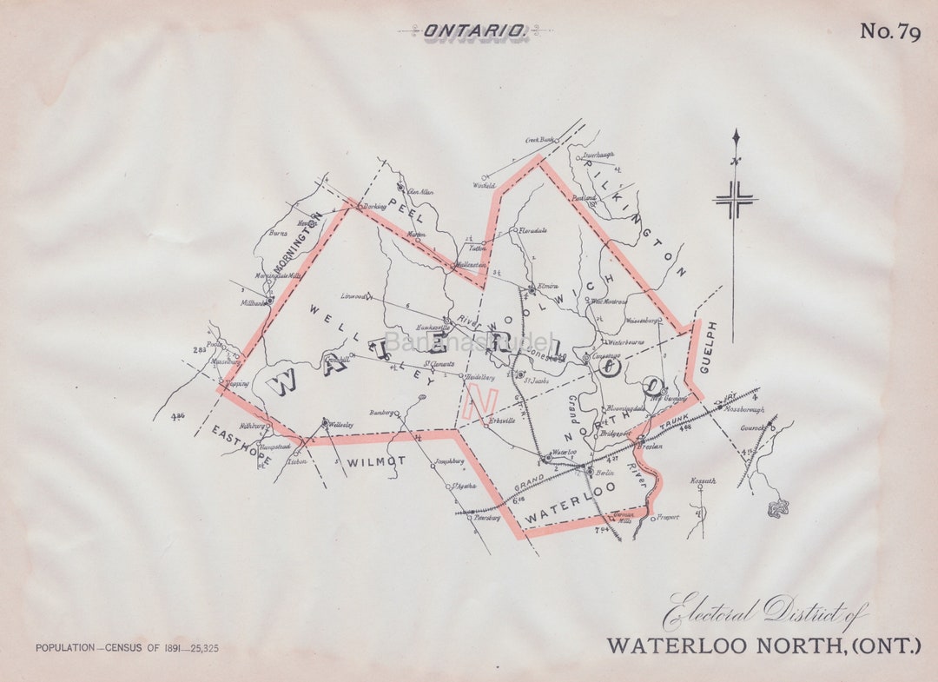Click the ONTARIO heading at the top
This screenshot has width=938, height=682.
click(x=474, y=31)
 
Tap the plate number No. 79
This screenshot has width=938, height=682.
click(x=889, y=32)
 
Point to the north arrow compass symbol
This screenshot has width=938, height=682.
click(x=736, y=200)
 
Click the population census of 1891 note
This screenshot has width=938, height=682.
click(x=127, y=648)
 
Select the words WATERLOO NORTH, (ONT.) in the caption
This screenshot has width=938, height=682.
click(x=763, y=646)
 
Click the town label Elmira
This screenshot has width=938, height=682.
click(x=548, y=285)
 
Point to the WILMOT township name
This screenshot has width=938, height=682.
click(x=376, y=461)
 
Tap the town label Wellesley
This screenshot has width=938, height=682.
click(x=342, y=425)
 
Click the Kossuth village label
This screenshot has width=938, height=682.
click(x=701, y=480)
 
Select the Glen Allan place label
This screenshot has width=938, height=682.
click(x=420, y=192)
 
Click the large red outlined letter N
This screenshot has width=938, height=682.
click(x=480, y=402)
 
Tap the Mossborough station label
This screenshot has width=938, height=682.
click(x=746, y=408)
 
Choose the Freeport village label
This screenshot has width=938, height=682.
click(x=667, y=517)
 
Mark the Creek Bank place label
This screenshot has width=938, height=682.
click(x=540, y=139)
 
